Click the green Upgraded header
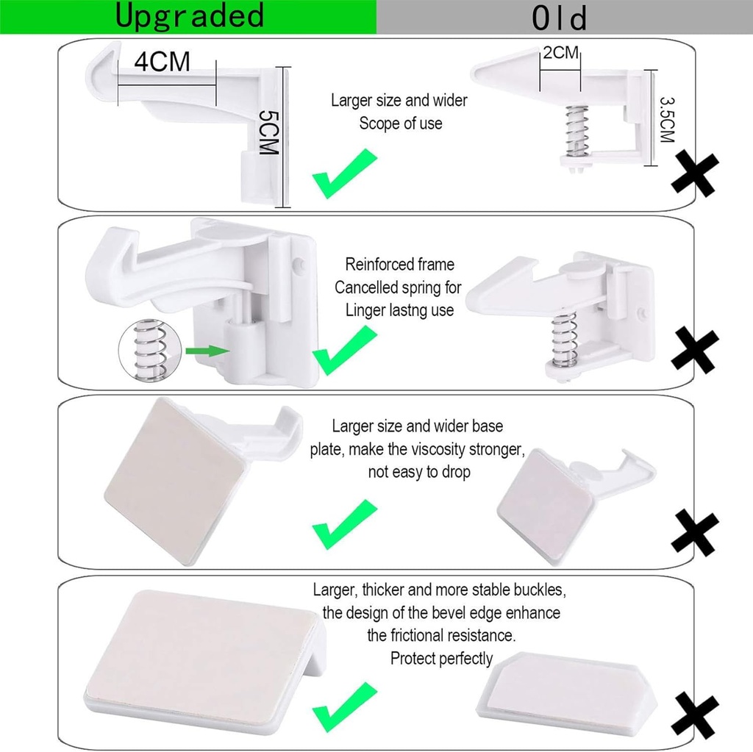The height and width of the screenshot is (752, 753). click(188, 16)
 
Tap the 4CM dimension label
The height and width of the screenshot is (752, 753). click(162, 62)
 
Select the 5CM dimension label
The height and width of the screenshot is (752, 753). click(269, 132)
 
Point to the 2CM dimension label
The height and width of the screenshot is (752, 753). click(561, 52)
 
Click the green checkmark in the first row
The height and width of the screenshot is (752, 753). click(344, 173)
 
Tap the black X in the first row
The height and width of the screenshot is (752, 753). click(694, 173)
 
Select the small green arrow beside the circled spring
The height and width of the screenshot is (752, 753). click(204, 351)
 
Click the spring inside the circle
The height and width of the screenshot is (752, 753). click(149, 350)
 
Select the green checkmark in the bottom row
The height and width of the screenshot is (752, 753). click(344, 705)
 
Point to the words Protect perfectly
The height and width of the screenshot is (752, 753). click(441, 658)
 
